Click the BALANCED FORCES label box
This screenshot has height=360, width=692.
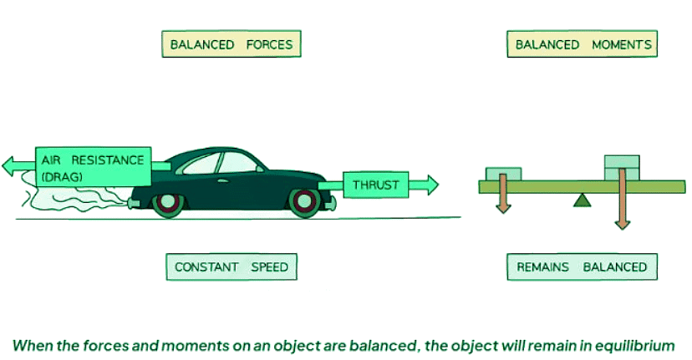point(232,44)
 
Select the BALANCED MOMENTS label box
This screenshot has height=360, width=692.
point(582,44)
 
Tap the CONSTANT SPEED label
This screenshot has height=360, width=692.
point(232,267)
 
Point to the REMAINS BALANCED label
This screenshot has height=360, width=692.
point(582,267)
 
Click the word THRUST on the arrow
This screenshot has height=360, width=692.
point(375,185)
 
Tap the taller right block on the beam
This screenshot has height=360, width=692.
point(622,166)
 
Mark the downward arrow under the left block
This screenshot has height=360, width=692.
point(503,196)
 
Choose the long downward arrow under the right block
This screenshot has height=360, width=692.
point(622,205)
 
